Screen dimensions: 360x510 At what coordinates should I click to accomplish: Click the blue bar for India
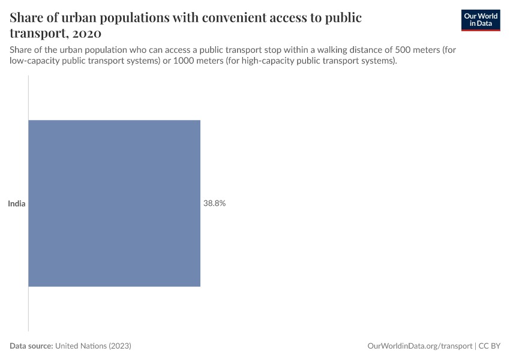coord(114,203)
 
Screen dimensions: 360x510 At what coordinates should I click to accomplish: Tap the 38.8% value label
coord(214,203)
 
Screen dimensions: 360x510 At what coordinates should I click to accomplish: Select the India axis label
coord(16,203)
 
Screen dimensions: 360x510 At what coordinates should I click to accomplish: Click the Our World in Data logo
coord(480,20)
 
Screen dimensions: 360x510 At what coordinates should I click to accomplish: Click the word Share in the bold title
coord(28,17)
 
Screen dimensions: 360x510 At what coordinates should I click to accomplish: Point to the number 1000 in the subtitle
coord(184,61)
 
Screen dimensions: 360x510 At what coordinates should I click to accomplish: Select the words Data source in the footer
coord(31,346)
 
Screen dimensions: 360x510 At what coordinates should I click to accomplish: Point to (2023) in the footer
coord(119,346)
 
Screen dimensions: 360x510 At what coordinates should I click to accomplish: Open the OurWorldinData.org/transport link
coord(419,346)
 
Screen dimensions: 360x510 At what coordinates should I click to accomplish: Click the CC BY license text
coord(490,346)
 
